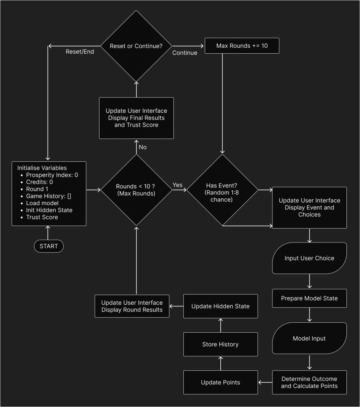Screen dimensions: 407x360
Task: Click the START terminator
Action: [x=49, y=246]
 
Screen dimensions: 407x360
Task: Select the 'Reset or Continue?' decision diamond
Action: [x=136, y=46]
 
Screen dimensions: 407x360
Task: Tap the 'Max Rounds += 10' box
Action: [x=242, y=46]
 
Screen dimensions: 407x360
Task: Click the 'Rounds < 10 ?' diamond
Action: [x=136, y=190]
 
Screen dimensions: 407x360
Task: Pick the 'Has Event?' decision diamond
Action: [x=222, y=190]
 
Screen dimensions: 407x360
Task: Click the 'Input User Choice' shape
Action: [x=309, y=258]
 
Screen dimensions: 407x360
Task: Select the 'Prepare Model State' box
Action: [x=309, y=298]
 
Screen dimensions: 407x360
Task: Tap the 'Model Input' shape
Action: [x=309, y=338]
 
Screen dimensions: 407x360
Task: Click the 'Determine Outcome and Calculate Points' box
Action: [x=309, y=382]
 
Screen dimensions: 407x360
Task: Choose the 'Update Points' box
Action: [x=220, y=382]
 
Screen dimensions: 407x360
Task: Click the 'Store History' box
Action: [x=220, y=344]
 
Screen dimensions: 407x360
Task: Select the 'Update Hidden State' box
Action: [x=220, y=306]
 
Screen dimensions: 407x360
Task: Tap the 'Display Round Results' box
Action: [x=132, y=306]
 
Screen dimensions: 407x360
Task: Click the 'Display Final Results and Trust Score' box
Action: [x=136, y=118]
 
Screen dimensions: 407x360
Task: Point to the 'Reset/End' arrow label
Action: [x=80, y=52]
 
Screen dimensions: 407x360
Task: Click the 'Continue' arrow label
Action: [x=185, y=53]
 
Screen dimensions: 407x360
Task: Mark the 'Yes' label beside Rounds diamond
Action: [x=177, y=185]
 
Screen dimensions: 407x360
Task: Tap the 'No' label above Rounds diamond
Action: [x=143, y=147]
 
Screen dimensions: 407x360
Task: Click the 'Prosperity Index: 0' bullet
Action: [x=52, y=175]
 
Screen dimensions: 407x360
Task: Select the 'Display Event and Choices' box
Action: [x=309, y=207]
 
